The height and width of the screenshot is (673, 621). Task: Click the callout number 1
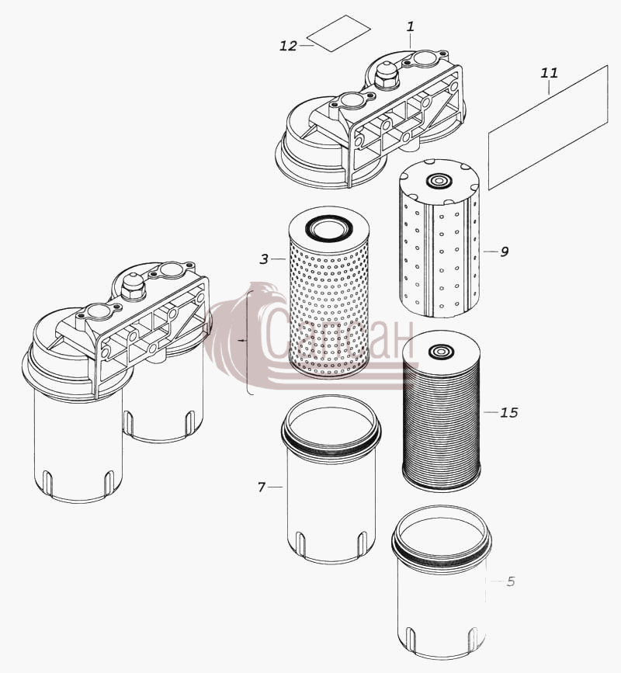tap(411, 27)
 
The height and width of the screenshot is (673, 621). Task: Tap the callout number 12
tap(289, 46)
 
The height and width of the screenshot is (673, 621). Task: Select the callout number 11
tap(550, 73)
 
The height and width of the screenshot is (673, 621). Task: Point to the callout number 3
tap(265, 259)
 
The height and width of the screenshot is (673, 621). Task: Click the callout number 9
tap(505, 252)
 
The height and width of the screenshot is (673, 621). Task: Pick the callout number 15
tap(509, 412)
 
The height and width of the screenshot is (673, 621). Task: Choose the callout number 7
tap(262, 487)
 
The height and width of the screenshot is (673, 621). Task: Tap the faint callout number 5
tap(510, 581)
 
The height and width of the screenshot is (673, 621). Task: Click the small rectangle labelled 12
tap(339, 33)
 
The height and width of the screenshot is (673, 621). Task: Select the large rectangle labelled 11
tap(549, 127)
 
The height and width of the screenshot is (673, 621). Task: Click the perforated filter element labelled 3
tap(330, 293)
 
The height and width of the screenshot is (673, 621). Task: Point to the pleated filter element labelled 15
tap(442, 411)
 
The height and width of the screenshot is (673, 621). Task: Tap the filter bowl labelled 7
tap(331, 480)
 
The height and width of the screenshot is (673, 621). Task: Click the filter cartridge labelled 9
tap(439, 238)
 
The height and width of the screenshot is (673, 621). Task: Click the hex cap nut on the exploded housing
tap(387, 76)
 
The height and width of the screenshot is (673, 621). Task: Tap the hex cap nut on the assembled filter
tap(133, 287)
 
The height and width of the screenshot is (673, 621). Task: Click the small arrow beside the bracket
tap(243, 340)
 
